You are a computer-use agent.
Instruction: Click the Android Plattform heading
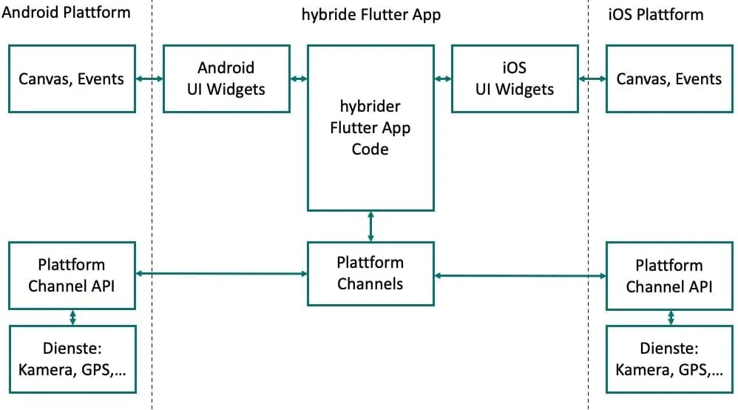pos(67,13)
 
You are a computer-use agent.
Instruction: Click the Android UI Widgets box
pos(226,78)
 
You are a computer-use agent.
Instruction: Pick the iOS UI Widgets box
pos(514,78)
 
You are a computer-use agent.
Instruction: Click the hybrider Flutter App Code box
pos(370,128)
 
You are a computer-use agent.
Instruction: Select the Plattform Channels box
pos(370,273)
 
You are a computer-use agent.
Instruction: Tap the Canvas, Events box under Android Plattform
pos(72,78)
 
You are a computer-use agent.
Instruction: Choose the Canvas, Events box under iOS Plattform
pos(669,78)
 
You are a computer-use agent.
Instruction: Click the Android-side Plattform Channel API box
pos(72,275)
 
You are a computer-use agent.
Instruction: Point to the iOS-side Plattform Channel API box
pos(669,275)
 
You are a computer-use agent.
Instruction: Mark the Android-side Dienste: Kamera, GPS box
pos(72,359)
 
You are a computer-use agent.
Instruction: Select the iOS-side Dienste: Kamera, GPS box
pos(669,359)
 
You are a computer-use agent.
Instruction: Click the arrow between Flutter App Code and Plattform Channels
pos(370,226)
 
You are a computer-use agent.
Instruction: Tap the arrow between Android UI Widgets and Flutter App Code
pos(299,78)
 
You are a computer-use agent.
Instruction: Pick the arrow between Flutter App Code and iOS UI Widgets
pos(442,78)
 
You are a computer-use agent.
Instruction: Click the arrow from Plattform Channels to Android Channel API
pos(222,274)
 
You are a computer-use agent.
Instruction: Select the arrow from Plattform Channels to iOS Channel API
pos(520,275)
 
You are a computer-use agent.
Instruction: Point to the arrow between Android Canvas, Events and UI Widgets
pos(149,78)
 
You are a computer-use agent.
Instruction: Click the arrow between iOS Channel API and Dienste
pos(671,317)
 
